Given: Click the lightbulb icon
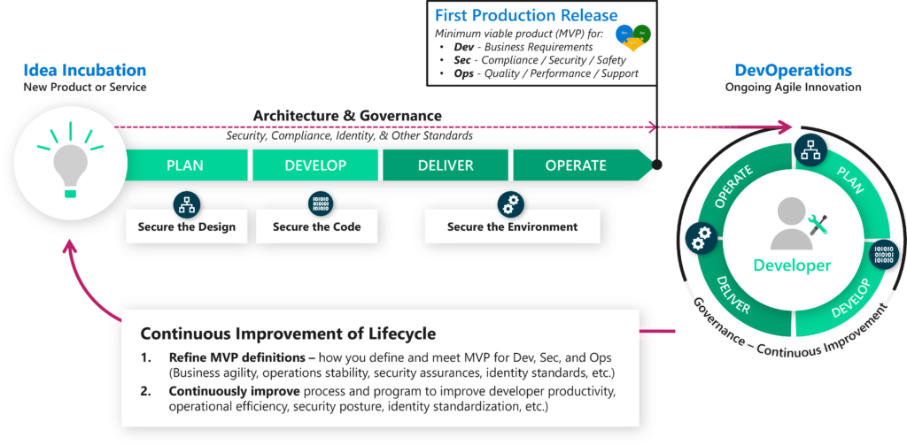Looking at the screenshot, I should click(69, 165).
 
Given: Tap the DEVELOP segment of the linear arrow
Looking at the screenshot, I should click(316, 165).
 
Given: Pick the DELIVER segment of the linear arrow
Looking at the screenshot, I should click(446, 165).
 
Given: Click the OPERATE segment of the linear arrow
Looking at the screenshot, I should click(576, 165).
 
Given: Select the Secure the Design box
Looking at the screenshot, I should click(187, 226).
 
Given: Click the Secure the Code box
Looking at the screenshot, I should click(316, 226).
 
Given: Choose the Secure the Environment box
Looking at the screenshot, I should click(512, 226).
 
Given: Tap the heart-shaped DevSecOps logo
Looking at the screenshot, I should click(632, 36).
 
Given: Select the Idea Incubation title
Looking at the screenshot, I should click(85, 70).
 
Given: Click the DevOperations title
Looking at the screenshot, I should click(793, 70).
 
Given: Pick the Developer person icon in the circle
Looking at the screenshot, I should click(792, 225).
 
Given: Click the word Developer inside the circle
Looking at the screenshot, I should click(792, 265).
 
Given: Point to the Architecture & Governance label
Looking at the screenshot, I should click(347, 116).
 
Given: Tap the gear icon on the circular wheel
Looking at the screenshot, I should click(701, 236).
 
